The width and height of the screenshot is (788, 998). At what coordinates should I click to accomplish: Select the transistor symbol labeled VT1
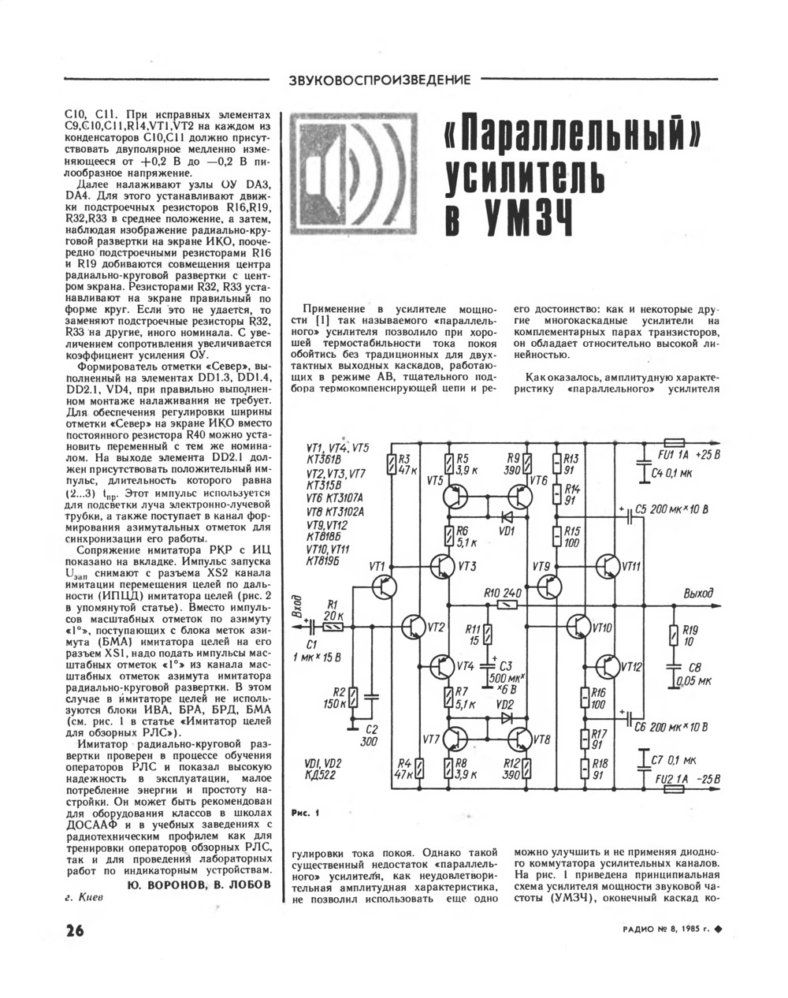tap(385, 586)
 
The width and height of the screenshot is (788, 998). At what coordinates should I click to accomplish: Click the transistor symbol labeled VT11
tap(608, 567)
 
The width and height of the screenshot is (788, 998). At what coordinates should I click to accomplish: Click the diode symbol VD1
tap(505, 517)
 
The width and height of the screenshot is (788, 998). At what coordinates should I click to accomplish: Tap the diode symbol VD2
tap(505, 719)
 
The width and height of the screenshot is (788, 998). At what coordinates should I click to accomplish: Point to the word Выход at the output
tap(699, 594)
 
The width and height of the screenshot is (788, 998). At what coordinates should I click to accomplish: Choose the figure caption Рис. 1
tap(303, 814)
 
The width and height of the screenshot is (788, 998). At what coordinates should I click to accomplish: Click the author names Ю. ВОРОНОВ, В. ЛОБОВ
tap(199, 884)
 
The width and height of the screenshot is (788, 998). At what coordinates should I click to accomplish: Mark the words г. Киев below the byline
tap(83, 899)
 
